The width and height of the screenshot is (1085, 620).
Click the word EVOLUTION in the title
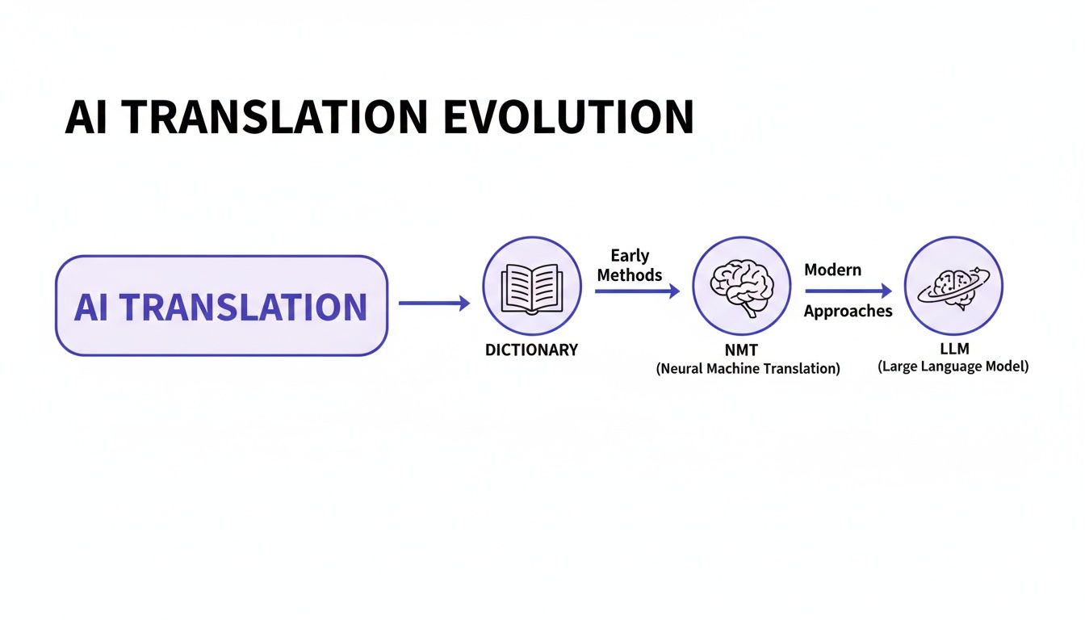(568, 118)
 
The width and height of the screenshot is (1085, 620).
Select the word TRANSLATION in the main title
(276, 118)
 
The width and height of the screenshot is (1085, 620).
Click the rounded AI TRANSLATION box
(221, 306)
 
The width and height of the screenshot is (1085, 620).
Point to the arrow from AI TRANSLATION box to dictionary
(434, 304)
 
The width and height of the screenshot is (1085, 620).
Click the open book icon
(531, 286)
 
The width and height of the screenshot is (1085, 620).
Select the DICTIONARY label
(531, 350)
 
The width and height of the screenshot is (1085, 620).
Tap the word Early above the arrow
(630, 256)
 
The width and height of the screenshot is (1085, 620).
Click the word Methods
(630, 275)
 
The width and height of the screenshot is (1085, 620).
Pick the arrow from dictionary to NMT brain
(637, 291)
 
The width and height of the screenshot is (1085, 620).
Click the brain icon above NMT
(741, 286)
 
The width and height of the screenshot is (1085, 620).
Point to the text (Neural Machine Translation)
(748, 369)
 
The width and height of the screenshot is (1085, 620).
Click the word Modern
(832, 270)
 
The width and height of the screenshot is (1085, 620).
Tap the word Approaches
(848, 312)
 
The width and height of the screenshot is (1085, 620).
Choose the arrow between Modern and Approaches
(848, 291)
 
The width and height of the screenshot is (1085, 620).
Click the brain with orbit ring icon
(953, 285)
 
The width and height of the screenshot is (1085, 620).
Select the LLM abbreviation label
(953, 349)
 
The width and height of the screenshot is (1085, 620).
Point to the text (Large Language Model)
(953, 367)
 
